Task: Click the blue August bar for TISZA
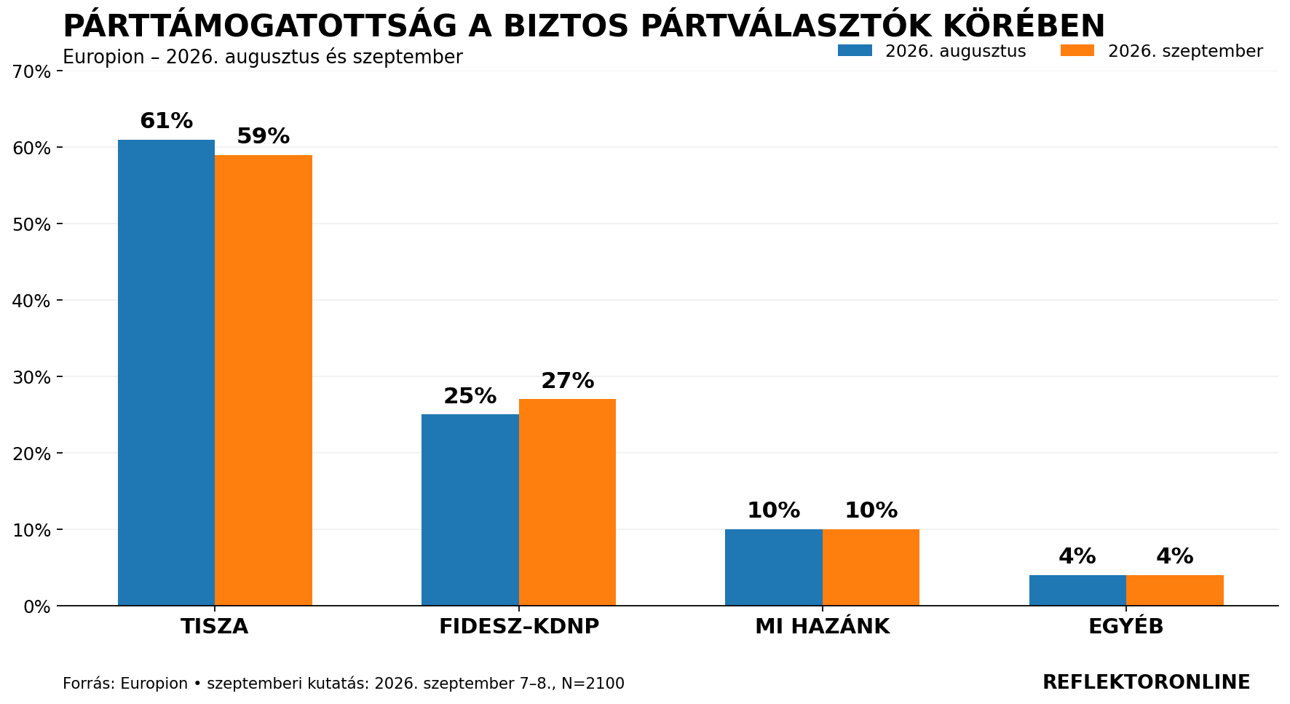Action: pyautogui.click(x=166, y=373)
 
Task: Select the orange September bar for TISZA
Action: pyautogui.click(x=264, y=380)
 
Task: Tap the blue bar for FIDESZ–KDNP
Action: pyautogui.click(x=470, y=510)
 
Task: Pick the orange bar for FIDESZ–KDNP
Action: pyautogui.click(x=567, y=502)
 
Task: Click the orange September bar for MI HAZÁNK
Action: pyautogui.click(x=871, y=567)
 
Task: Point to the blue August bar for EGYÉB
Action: pyautogui.click(x=1077, y=590)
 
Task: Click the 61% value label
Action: pyautogui.click(x=166, y=121)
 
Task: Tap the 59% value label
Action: pyautogui.click(x=264, y=136)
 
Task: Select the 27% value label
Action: pyautogui.click(x=567, y=381)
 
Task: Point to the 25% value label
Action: pyautogui.click(x=470, y=396)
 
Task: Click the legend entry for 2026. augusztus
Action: pyautogui.click(x=932, y=51)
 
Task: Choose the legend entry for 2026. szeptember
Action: pyautogui.click(x=1162, y=51)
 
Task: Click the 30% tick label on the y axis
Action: pyautogui.click(x=32, y=377)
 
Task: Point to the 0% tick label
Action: pyautogui.click(x=37, y=606)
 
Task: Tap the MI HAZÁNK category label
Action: pyautogui.click(x=823, y=625)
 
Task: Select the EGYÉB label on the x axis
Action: pyautogui.click(x=1126, y=625)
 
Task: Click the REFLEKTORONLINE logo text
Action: pyautogui.click(x=1147, y=682)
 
